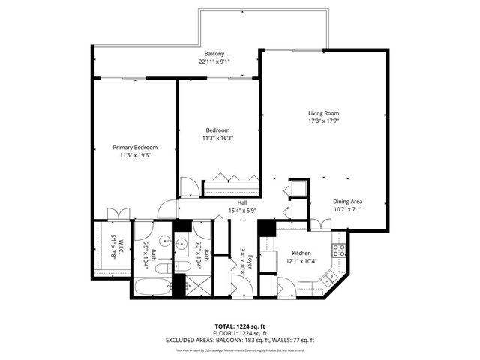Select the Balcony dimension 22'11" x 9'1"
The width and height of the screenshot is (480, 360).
click(x=216, y=62)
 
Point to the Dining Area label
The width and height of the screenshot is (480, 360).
click(x=348, y=202)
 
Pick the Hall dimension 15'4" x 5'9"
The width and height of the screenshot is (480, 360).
click(x=242, y=211)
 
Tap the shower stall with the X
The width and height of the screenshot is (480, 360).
click(x=196, y=286)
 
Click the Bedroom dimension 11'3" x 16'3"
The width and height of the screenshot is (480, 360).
click(x=217, y=138)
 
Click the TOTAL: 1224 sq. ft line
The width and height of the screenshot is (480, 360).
click(x=240, y=327)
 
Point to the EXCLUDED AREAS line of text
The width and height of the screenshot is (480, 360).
click(x=240, y=340)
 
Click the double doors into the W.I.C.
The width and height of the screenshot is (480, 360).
click(x=114, y=213)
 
